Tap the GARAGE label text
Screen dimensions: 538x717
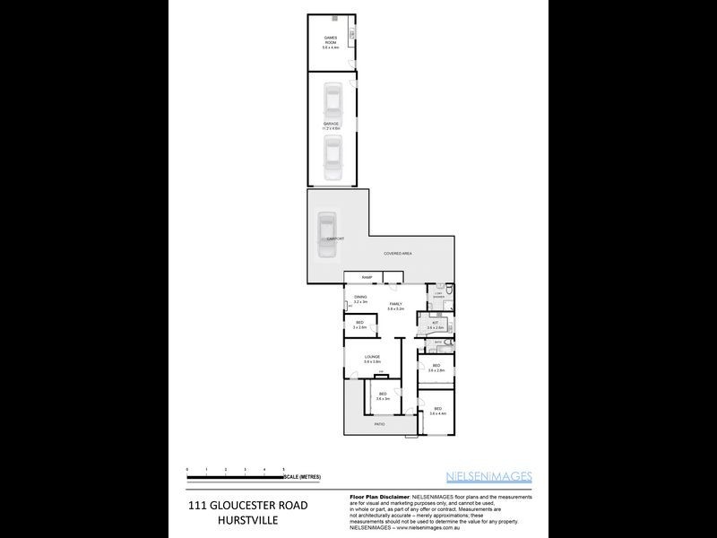(x=332, y=125)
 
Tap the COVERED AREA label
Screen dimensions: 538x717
(x=397, y=255)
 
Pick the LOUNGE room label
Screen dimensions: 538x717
(x=372, y=358)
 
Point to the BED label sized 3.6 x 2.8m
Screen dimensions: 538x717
(x=436, y=367)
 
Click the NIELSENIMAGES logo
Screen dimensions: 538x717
(x=489, y=476)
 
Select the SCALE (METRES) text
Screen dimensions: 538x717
(x=302, y=476)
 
